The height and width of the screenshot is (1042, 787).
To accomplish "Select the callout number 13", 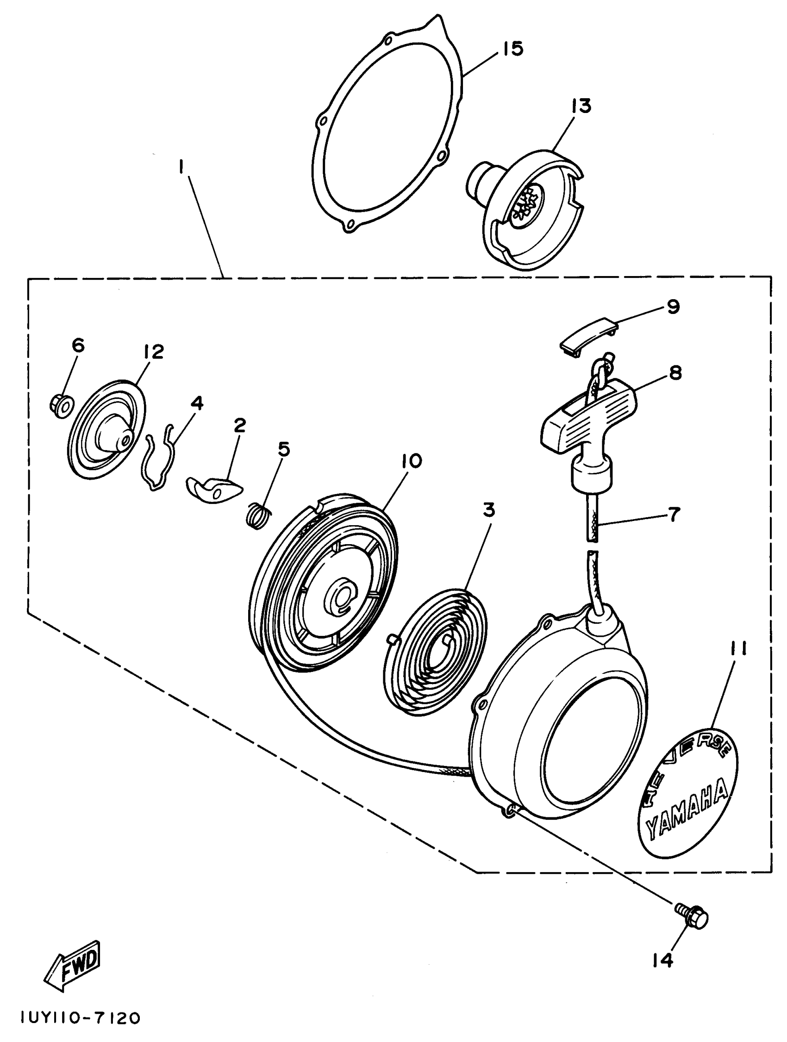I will click(581, 106).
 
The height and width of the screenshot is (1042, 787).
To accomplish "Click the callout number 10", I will click(411, 461).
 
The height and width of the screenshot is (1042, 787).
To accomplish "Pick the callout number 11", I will click(737, 649).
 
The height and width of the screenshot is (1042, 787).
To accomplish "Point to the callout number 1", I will click(181, 167).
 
